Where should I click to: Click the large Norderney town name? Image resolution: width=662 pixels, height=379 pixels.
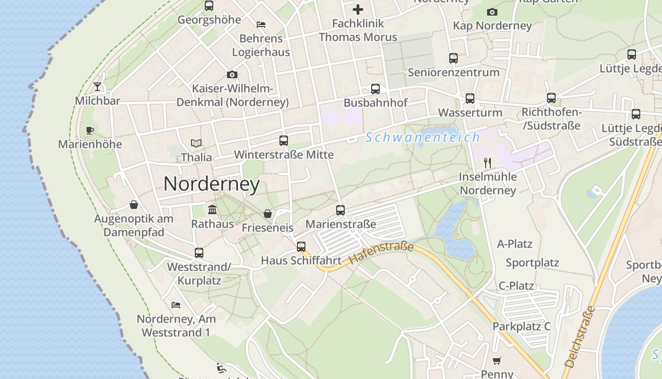[211, 184]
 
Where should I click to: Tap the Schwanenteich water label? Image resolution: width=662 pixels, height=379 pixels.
[423, 138]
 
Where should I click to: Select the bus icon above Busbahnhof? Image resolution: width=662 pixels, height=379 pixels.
[375, 89]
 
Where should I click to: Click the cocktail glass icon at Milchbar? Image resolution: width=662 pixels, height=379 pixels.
[97, 86]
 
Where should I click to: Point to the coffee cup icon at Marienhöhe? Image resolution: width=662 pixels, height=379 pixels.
[90, 130]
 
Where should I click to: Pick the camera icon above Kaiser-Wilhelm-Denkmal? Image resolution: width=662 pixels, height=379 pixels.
[232, 74]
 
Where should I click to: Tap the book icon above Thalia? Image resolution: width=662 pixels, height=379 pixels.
[196, 143]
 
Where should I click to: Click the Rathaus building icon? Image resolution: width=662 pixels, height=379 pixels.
[212, 209]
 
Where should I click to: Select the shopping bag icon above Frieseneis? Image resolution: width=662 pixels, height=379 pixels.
[268, 214]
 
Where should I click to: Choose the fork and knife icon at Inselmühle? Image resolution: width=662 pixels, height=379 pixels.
[488, 163]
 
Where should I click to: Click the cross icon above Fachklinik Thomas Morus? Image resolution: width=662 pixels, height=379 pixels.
[358, 9]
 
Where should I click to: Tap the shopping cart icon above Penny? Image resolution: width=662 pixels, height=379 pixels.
[497, 361]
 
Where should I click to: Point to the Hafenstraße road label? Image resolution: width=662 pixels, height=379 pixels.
[381, 253]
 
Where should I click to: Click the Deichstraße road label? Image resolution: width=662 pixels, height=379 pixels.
[580, 337]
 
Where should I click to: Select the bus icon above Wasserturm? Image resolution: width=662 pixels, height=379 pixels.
[470, 99]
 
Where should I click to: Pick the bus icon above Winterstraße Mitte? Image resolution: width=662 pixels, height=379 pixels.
[284, 141]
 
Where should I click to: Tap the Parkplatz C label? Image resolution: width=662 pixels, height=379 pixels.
[522, 326]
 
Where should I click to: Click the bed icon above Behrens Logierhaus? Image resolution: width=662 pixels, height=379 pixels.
[261, 25]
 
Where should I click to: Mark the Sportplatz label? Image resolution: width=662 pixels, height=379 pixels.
[532, 262]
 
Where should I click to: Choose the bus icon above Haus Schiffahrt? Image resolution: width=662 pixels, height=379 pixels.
[301, 247]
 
